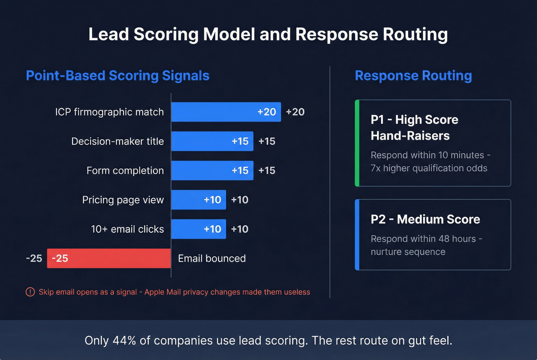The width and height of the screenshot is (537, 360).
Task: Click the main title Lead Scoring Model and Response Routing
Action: click(x=268, y=35)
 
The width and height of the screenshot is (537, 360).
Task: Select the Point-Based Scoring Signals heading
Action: click(x=117, y=76)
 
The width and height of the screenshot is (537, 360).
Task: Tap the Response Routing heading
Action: click(x=413, y=76)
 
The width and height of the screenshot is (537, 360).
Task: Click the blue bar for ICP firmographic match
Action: click(x=226, y=112)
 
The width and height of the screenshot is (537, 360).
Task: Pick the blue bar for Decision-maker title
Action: click(x=212, y=141)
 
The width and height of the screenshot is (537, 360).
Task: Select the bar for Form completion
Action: click(x=212, y=171)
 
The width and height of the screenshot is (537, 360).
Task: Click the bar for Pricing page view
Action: click(x=198, y=200)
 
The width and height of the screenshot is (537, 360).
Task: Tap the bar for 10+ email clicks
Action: click(x=198, y=229)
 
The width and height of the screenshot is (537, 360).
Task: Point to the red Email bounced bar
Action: click(x=109, y=258)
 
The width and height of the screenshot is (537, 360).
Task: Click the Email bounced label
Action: click(x=212, y=258)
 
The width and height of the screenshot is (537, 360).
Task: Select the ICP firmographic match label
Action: click(x=109, y=112)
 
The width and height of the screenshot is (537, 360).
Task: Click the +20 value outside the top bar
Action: click(x=295, y=112)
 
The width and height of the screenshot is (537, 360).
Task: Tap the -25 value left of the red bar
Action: click(x=34, y=258)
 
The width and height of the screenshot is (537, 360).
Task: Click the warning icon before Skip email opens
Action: click(x=30, y=292)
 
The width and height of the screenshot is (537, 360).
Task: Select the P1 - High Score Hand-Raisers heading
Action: click(x=414, y=128)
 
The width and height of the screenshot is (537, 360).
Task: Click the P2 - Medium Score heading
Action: click(x=425, y=219)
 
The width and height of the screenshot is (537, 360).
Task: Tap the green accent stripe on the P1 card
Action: click(x=357, y=143)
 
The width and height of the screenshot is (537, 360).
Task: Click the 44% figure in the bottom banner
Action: click(x=125, y=340)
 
